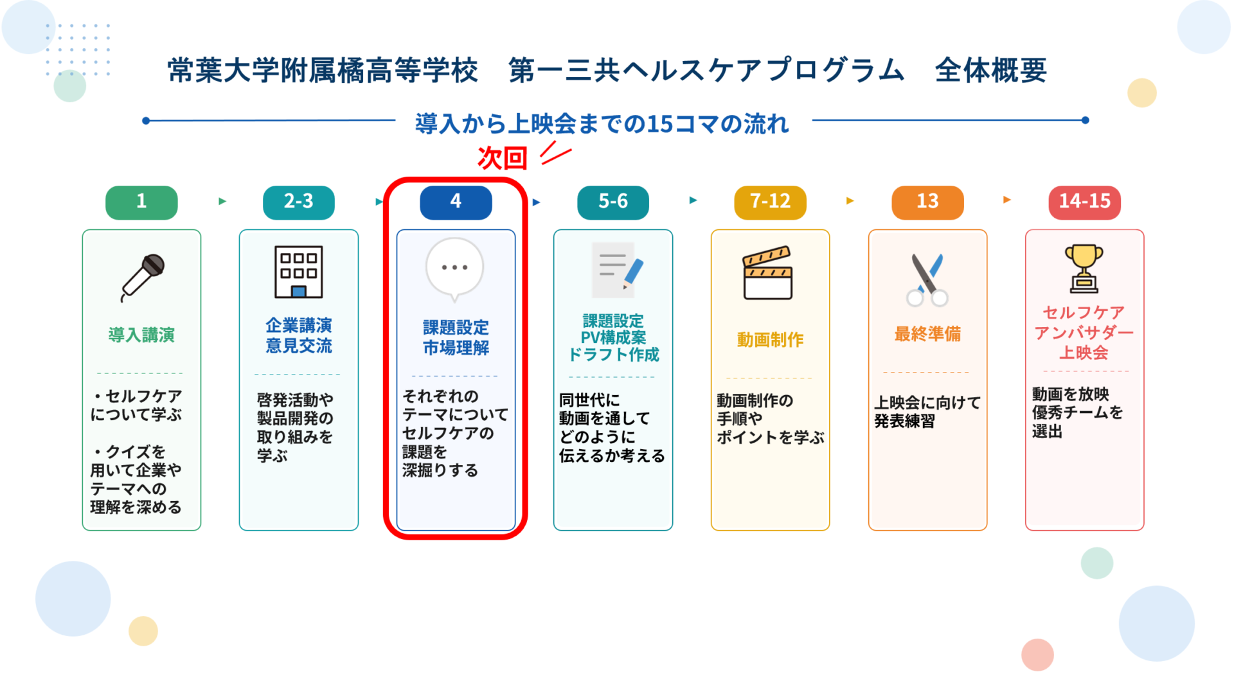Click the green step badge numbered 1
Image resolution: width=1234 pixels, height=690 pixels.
[141, 202]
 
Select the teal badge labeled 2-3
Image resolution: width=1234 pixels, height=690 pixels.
[299, 202]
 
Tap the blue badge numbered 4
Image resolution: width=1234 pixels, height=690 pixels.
[456, 202]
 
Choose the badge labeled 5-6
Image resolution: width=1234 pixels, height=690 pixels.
[613, 202]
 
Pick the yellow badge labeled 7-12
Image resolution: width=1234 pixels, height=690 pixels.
[770, 202]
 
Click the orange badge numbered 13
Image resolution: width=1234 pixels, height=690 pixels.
[927, 202]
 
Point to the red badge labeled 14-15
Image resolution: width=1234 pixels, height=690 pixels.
[1085, 202]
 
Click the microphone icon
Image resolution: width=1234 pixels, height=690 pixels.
[143, 277]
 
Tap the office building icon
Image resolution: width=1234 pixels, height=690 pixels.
[299, 272]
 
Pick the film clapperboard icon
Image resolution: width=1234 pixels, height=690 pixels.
[768, 273]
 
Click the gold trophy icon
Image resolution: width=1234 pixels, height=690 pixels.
[1084, 269]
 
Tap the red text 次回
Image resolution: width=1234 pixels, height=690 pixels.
[503, 158]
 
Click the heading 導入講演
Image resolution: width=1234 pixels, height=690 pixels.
[141, 335]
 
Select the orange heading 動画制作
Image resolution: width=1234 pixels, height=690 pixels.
[770, 339]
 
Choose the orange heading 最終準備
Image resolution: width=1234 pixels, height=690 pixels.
[927, 333]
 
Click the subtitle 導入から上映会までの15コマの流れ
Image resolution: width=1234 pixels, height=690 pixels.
[602, 123]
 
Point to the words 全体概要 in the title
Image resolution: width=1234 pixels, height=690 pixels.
[991, 70]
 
